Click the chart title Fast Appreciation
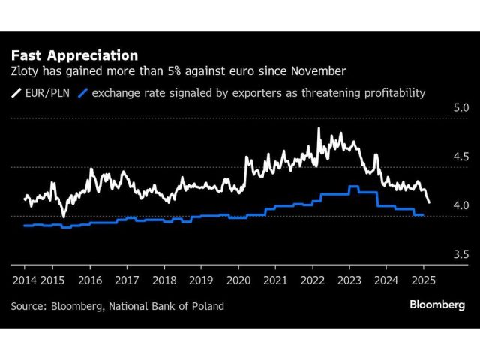(x=73, y=55)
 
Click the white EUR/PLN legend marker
(x=16, y=93)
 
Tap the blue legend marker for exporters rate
(x=84, y=93)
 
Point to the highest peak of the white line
(x=319, y=129)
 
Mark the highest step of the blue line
(x=352, y=187)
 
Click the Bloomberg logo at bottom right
(x=437, y=304)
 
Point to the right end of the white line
(x=429, y=202)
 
